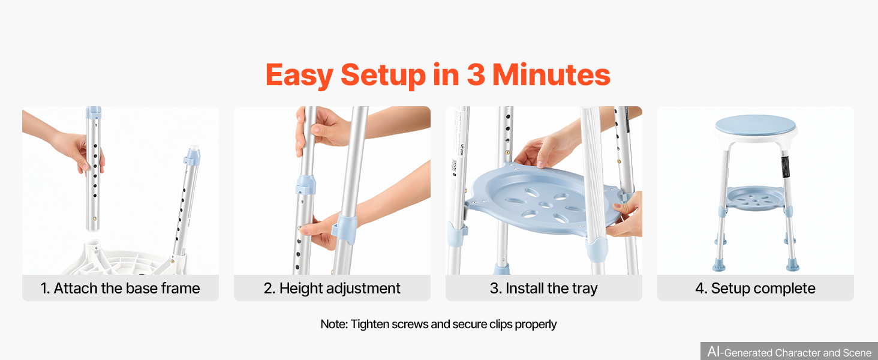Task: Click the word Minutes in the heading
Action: [x=551, y=74]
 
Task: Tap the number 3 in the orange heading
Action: [x=476, y=74]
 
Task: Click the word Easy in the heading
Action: [x=299, y=75]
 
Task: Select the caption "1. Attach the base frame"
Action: [x=121, y=288]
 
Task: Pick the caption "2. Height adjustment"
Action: [x=332, y=288]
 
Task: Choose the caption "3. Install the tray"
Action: [x=544, y=288]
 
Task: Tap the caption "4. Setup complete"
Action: [x=755, y=288]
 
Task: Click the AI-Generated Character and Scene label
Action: [x=789, y=352]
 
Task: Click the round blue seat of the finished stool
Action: [x=755, y=125]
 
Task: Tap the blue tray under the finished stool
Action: [x=755, y=198]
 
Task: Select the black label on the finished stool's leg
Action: [x=785, y=166]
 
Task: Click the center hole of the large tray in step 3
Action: [x=545, y=205]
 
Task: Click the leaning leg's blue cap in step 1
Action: [x=192, y=155]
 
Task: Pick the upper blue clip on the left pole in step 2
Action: [x=305, y=184]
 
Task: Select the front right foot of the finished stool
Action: [x=793, y=265]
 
